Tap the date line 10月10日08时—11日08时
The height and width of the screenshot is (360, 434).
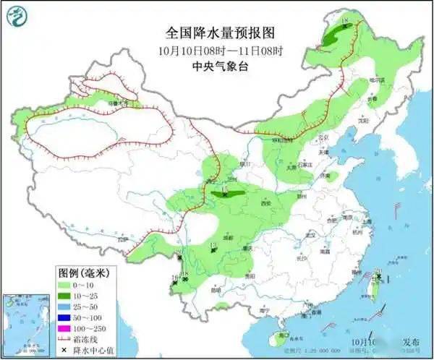click(x=216, y=51)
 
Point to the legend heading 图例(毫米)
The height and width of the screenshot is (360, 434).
click(x=82, y=273)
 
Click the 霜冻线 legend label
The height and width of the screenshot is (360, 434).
click(x=91, y=340)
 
